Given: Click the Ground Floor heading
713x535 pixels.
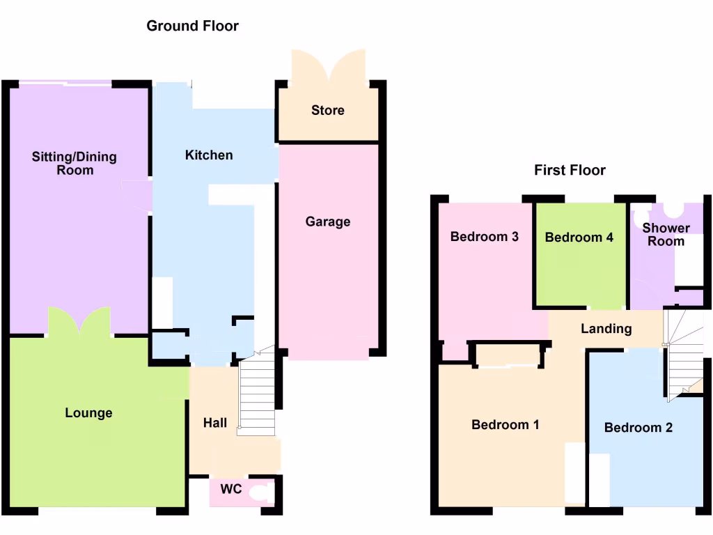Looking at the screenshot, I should coord(192,26).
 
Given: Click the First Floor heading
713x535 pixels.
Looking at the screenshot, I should coord(570,170).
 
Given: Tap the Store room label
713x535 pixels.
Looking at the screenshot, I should coord(328,110).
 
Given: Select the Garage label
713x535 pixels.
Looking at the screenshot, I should coord(328,222).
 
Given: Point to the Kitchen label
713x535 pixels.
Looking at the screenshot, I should coord(209,155).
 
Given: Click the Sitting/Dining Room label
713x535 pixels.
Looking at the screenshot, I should coord(75,163).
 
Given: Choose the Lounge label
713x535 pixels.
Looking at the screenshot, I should coord(88,413).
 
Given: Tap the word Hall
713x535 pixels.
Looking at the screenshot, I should coord(214,422).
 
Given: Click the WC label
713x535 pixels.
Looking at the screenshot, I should coord(231,489).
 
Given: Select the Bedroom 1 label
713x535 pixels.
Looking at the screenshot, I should coord(506,424).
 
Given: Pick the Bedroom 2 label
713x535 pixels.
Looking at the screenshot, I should coord(638,427).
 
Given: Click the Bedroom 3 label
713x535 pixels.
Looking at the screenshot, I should coord(485,236).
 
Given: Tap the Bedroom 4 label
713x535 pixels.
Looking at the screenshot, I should coord(579,237).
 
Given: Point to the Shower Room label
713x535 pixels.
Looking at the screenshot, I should coord(666,235).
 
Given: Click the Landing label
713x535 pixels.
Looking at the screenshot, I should coord(606,328).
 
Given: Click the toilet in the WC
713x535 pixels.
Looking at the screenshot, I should coord(262,494).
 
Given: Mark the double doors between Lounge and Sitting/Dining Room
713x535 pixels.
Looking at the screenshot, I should coord(79,322).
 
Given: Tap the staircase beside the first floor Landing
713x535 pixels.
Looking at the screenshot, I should coord(684,352).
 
